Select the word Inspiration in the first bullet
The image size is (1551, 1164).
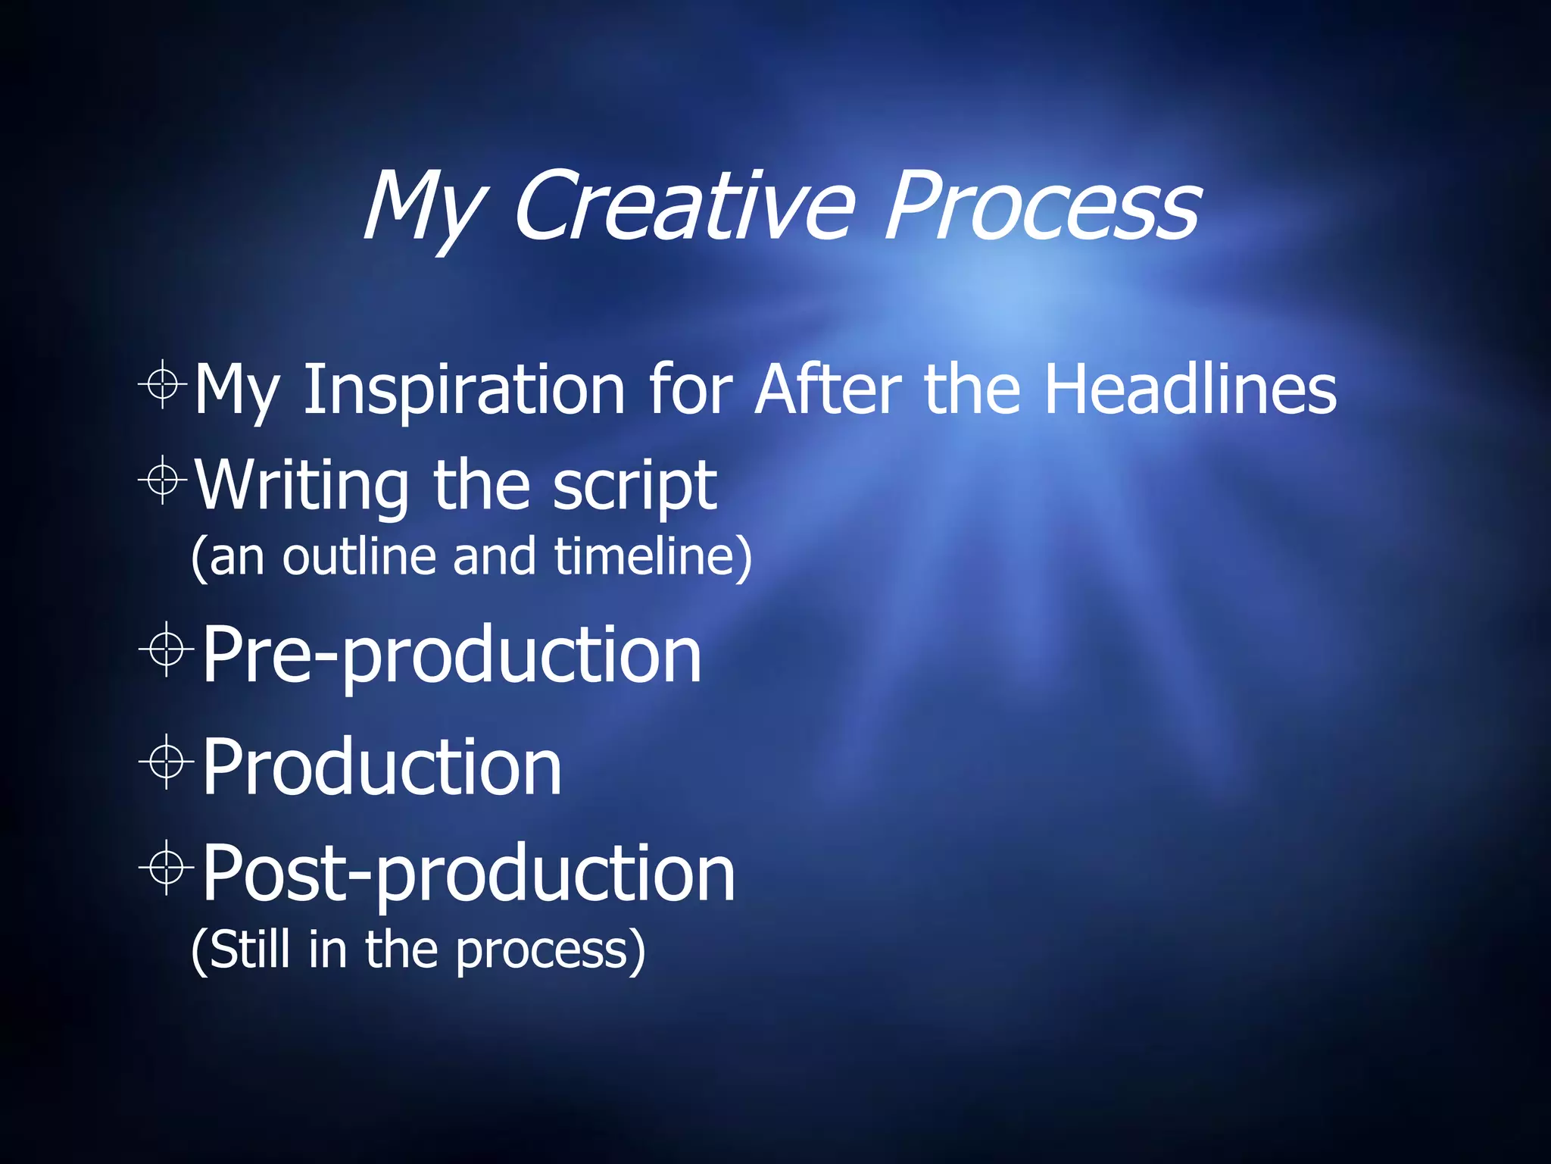click(463, 390)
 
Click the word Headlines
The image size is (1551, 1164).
click(1191, 390)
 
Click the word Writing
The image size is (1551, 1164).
click(302, 487)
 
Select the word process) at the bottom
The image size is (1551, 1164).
click(551, 950)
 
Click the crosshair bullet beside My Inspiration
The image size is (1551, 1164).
click(163, 384)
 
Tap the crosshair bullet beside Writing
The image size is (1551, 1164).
click(163, 480)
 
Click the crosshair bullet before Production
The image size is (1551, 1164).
click(167, 762)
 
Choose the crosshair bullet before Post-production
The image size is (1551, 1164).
click(167, 868)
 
